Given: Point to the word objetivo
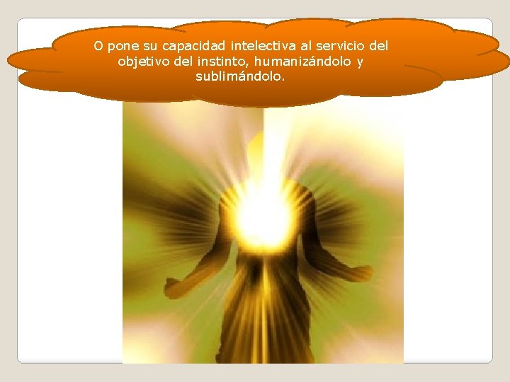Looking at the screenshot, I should click(142, 62).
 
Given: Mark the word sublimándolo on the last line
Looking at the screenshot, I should click(240, 76).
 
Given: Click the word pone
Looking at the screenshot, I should click(121, 47).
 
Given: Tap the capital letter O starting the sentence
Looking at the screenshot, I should click(98, 47).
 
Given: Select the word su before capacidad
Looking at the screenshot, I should click(144, 47).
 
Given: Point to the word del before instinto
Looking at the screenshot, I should click(182, 62).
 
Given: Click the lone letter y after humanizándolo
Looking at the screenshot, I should click(360, 62).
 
